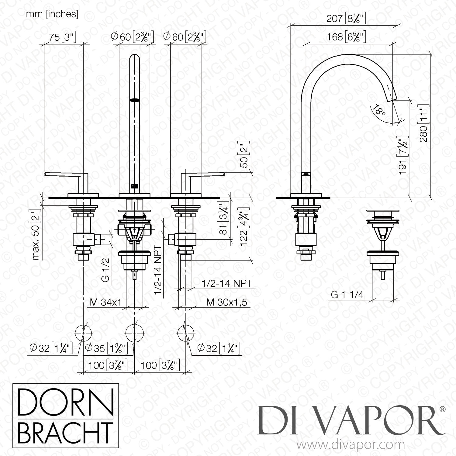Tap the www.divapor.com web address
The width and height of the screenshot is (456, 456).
pyautogui.click(x=351, y=445)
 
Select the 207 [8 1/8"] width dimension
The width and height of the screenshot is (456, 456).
pyautogui.click(x=346, y=19)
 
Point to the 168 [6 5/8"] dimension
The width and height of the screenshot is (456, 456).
pyautogui.click(x=346, y=37)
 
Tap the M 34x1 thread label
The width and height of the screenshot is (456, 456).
pyautogui.click(x=105, y=302)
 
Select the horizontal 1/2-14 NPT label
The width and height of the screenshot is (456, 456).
pyautogui.click(x=226, y=283)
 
